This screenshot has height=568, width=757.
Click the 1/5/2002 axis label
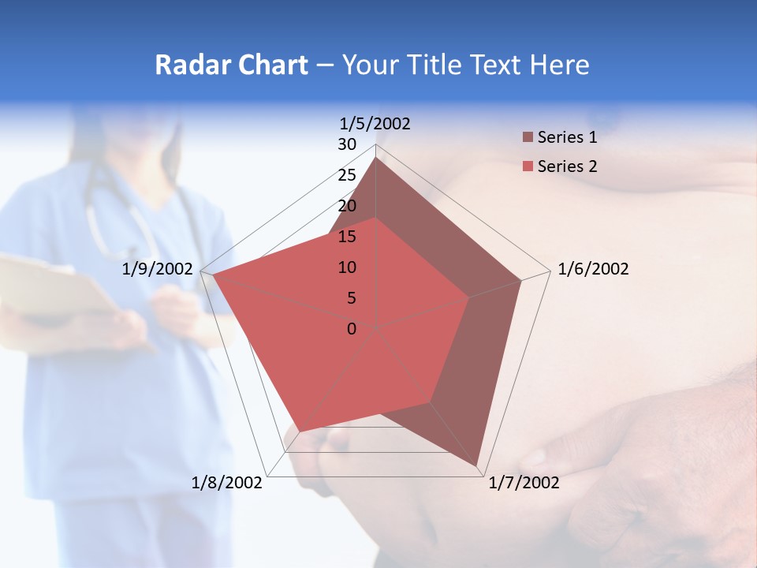[375, 123]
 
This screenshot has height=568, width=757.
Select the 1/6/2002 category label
[593, 269]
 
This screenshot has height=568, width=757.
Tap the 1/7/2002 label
[524, 483]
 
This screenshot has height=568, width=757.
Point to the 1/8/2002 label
[227, 483]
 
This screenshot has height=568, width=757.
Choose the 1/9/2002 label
[158, 269]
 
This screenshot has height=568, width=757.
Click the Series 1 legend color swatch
[528, 138]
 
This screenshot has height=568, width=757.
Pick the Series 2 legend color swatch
[528, 166]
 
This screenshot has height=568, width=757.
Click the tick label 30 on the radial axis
[347, 144]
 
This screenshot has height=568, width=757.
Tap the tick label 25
[347, 175]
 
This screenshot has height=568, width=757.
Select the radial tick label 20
[347, 206]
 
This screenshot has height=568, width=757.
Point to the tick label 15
[347, 237]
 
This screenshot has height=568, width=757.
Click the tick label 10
[347, 267]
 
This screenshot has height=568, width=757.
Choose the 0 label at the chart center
[352, 329]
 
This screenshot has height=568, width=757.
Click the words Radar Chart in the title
[231, 65]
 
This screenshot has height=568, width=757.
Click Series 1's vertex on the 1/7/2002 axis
[479, 465]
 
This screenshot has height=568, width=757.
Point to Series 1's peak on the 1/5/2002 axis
[376, 158]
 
